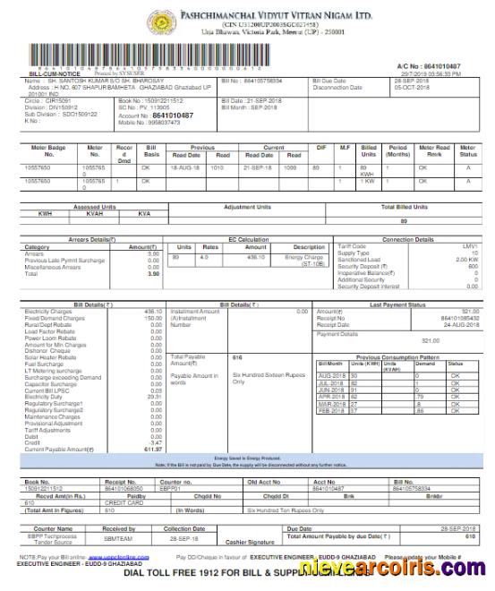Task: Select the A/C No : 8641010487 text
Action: [x=429, y=67]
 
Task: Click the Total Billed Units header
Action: [x=404, y=207]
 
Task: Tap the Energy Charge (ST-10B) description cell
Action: [x=309, y=261]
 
